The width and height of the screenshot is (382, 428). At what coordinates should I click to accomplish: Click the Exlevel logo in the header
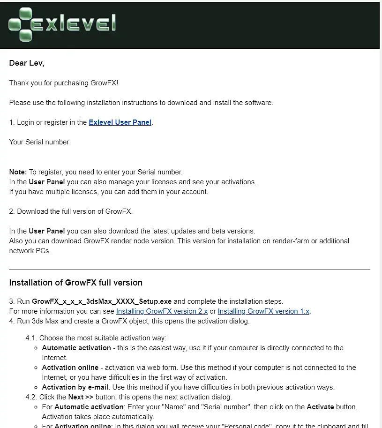62,24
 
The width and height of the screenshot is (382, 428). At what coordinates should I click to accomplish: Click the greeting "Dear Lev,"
27,63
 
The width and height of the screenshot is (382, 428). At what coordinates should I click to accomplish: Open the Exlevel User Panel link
120,122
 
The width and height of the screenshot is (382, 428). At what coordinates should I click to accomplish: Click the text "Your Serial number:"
40,142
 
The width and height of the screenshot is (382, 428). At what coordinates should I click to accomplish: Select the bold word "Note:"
18,172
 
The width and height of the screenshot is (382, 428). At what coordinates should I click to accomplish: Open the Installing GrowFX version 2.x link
162,311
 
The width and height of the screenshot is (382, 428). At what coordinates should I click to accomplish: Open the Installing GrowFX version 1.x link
263,311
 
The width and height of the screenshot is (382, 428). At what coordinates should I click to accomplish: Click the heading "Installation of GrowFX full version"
75,283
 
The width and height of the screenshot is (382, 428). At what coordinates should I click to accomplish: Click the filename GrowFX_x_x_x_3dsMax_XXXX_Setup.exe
102,301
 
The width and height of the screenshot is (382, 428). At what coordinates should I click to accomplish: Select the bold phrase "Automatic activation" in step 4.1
76,348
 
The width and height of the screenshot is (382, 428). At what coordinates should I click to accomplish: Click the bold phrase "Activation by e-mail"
75,387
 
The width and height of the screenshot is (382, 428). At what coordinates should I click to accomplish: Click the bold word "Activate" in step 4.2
321,407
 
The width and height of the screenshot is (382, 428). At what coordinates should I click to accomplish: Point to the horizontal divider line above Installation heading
189,270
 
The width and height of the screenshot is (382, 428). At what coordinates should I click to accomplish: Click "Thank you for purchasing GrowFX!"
64,83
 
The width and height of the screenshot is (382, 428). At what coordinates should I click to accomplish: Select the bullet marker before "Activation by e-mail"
37,388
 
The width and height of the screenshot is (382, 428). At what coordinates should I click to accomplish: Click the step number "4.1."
31,338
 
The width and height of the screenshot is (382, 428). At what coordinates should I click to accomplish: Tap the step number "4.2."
31,397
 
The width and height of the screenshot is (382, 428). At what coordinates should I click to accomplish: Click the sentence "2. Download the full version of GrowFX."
71,211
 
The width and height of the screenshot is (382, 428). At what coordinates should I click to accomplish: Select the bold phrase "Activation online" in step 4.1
70,368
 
